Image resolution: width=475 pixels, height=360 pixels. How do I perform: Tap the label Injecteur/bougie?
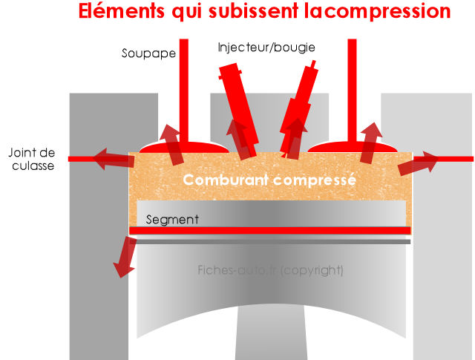pos(266,48)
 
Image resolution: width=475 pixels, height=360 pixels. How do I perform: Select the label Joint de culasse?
pos(31,160)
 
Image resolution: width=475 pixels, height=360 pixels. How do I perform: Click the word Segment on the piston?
pos(171,220)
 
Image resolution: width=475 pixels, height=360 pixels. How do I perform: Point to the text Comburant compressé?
pos(269,180)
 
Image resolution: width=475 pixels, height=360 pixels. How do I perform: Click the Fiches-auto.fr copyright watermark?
pos(271,270)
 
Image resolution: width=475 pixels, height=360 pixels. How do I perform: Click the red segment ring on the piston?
pos(270,231)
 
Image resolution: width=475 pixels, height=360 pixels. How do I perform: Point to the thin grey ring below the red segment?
pos(270,241)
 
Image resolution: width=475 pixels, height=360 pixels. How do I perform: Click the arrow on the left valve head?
pos(173,145)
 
